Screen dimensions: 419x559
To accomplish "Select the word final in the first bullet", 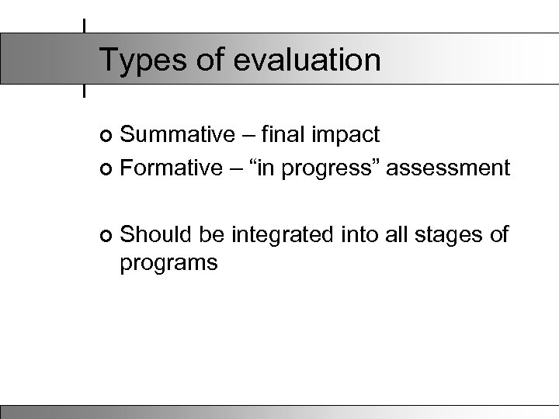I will tap(284, 134).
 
